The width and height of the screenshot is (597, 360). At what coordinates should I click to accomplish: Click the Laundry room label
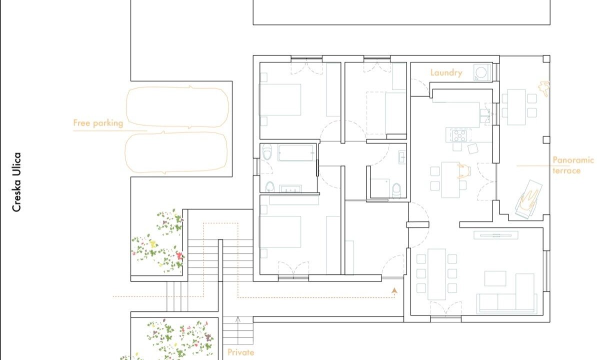tap(446, 72)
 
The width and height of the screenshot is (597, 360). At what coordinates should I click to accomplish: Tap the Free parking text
tap(98, 123)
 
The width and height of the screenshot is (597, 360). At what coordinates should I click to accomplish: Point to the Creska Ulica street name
tap(16, 182)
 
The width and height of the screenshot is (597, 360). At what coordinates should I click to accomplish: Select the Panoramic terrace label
tap(573, 165)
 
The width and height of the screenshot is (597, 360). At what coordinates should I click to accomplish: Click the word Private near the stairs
tap(240, 352)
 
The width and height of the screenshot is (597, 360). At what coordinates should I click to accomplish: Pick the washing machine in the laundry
tap(482, 72)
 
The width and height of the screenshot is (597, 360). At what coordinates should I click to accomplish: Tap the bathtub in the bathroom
tap(296, 153)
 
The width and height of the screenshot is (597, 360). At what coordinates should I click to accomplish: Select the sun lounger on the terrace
tap(529, 199)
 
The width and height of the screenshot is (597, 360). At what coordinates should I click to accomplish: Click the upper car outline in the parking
tap(178, 107)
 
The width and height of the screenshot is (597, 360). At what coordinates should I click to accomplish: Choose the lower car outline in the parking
tap(176, 152)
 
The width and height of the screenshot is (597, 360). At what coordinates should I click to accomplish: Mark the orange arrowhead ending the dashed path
tap(394, 291)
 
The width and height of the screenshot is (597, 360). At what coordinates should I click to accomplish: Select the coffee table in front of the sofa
tap(495, 278)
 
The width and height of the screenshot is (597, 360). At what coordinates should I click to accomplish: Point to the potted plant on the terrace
tap(544, 88)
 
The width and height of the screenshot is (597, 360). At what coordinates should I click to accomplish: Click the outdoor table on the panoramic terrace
tap(516, 107)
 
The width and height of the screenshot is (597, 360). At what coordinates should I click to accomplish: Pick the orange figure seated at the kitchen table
tap(463, 171)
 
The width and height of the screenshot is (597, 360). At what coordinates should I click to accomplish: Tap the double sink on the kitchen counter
tap(484, 115)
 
